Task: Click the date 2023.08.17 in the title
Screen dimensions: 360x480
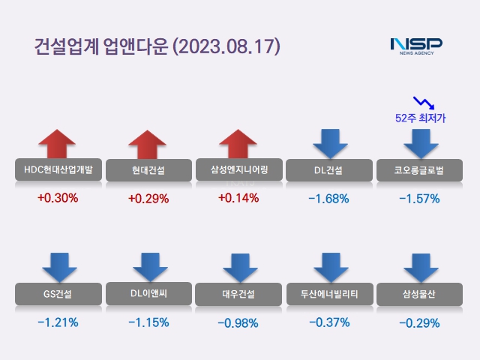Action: (226, 46)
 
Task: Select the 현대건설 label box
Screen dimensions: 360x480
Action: (148, 171)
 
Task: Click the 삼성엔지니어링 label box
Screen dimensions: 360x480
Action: (238, 169)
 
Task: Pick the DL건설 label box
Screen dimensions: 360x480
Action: (328, 170)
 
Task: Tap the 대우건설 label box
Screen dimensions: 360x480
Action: (238, 293)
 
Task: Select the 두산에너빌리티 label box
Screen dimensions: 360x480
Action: (328, 293)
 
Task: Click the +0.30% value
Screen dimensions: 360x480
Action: (58, 199)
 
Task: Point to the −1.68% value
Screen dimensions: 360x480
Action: (328, 199)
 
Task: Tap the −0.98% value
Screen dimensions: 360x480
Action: (238, 323)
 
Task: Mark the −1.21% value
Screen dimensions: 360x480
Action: (58, 322)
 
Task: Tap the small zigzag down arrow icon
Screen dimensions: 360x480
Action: (423, 101)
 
